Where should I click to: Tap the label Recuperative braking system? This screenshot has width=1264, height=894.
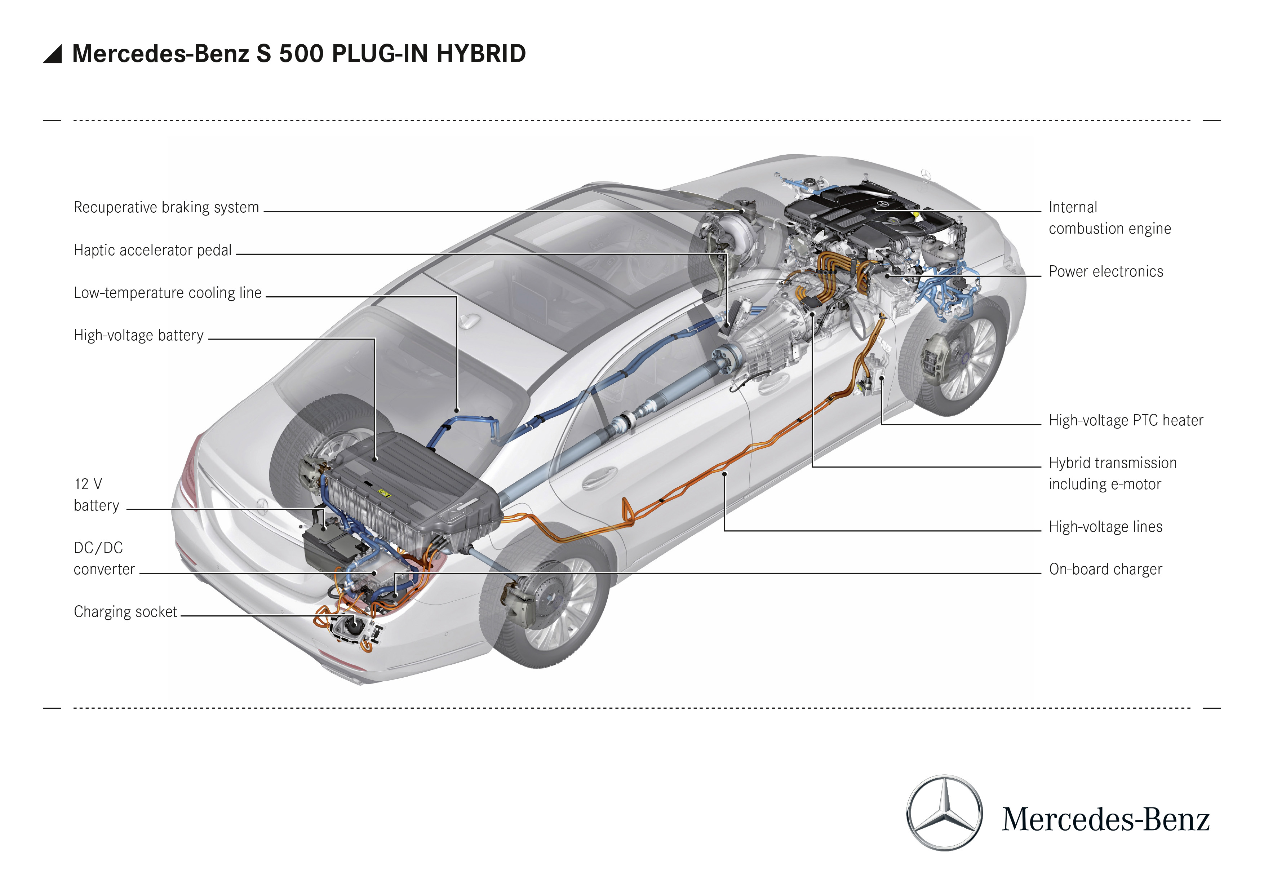coord(166,208)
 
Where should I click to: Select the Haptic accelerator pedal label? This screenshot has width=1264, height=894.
coord(152,251)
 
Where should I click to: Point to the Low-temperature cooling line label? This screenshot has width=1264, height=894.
coord(167,293)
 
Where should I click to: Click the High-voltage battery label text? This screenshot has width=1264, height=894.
coord(138,335)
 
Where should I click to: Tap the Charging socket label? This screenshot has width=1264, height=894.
coord(125,612)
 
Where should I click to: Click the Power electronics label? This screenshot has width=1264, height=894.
coord(1105,271)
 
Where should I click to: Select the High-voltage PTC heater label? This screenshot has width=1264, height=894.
coord(1125,421)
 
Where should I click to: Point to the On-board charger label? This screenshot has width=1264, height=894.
coord(1105,569)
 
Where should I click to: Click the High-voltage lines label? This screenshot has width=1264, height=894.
coord(1105,527)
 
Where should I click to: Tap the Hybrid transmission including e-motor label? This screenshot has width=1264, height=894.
coord(1112,473)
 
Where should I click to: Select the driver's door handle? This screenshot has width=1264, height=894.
coord(600,477)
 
